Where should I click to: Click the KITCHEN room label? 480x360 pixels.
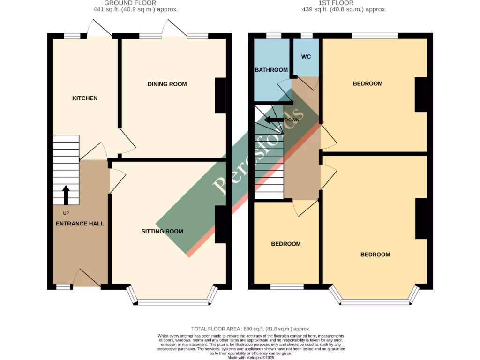(x=85, y=98)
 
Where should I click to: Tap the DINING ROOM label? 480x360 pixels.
(x=167, y=84)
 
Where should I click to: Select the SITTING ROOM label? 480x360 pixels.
(x=163, y=231)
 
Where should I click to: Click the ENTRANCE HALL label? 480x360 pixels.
(x=80, y=224)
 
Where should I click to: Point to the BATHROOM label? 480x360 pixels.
(x=271, y=70)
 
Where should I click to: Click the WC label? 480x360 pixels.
(x=306, y=57)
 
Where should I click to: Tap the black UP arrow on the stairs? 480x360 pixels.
(x=66, y=195)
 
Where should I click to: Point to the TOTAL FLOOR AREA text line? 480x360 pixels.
(x=251, y=329)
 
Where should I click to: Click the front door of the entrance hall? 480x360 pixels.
(x=87, y=278)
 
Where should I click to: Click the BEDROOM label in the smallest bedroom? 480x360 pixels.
(x=286, y=244)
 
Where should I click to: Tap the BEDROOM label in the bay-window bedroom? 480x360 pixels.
(x=375, y=255)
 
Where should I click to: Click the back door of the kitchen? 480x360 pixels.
(x=99, y=29)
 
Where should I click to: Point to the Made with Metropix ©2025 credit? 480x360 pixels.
(x=251, y=358)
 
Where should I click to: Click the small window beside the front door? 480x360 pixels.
(x=63, y=286)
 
